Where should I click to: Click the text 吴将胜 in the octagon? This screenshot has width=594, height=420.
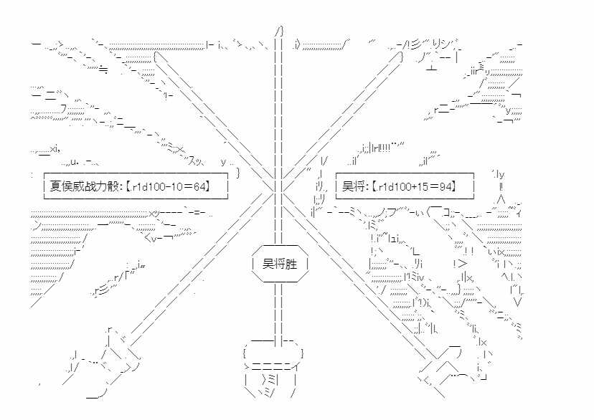(280, 264)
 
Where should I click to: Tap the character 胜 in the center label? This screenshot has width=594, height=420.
(291, 264)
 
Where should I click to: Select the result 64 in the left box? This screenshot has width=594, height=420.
(199, 186)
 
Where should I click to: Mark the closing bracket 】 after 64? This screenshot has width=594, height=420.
(207, 186)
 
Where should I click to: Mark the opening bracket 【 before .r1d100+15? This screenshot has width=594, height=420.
(373, 186)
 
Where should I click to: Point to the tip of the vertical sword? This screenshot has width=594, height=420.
(280, 27)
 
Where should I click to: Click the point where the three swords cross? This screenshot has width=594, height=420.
(279, 186)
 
